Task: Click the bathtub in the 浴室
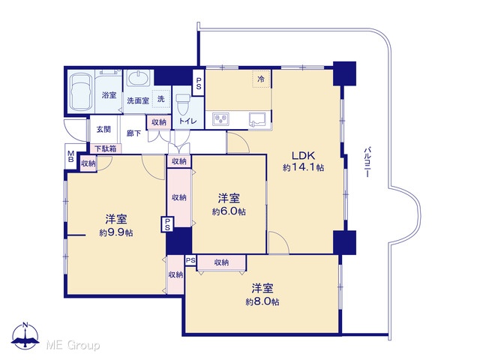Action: click(x=81, y=91)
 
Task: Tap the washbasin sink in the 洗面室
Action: click(x=138, y=78)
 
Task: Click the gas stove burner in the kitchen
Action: click(x=221, y=118)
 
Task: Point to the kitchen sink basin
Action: click(x=259, y=119)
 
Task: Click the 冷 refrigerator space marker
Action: click(x=261, y=79)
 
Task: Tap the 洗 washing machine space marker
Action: click(x=161, y=98)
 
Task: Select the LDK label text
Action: click(x=303, y=155)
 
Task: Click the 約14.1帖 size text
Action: click(x=303, y=167)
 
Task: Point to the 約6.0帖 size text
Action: click(x=229, y=211)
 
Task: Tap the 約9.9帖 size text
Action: click(x=116, y=232)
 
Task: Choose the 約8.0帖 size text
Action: click(x=262, y=301)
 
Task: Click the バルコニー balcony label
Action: click(x=367, y=162)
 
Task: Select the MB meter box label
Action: click(x=70, y=156)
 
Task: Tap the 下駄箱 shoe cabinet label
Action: click(x=105, y=149)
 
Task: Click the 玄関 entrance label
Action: click(x=103, y=129)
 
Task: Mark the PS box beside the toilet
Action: click(x=199, y=82)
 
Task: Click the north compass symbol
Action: click(x=25, y=336)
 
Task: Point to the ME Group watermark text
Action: click(x=73, y=345)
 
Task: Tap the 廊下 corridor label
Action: click(x=134, y=133)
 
